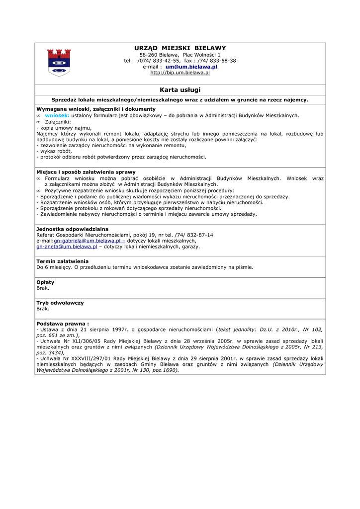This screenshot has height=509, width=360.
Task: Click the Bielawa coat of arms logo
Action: click(x=59, y=62)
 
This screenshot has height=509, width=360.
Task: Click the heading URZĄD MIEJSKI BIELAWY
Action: click(x=180, y=48)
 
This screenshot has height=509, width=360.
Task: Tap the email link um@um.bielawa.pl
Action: click(x=191, y=67)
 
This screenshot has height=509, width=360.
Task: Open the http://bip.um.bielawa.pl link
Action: click(x=180, y=73)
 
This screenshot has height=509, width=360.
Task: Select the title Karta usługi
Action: click(x=180, y=89)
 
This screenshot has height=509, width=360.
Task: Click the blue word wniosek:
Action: click(x=57, y=115)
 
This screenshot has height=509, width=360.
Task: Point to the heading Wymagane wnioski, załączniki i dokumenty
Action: click(x=96, y=109)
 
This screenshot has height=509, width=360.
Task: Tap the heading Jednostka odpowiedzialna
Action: click(x=73, y=229)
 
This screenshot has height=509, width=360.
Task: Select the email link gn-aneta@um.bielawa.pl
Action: click(x=67, y=247)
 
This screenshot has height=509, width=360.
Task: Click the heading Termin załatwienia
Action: click(x=63, y=261)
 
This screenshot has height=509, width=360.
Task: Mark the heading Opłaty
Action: click(x=46, y=282)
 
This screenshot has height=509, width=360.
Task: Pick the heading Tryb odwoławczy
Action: click(x=60, y=303)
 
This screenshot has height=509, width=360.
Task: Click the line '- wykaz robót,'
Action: click(x=54, y=151)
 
